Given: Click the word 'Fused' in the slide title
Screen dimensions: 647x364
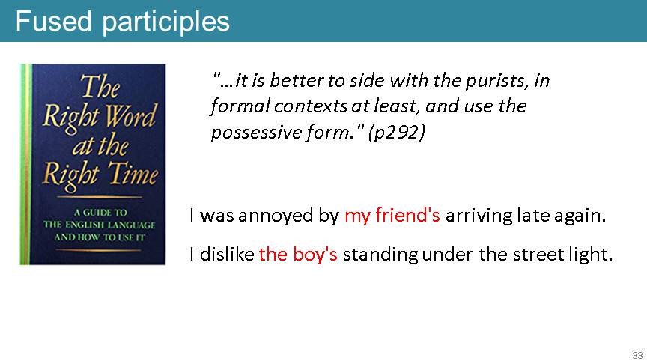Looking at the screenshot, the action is (x=53, y=21).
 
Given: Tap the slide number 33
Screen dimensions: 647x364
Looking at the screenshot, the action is (x=637, y=355).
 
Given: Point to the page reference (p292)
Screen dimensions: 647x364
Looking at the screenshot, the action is (x=397, y=133).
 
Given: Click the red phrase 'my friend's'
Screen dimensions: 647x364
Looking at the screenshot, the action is (x=392, y=216).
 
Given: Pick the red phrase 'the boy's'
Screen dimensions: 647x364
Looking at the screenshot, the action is (x=298, y=254).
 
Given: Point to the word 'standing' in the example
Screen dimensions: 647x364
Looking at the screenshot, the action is (x=380, y=254).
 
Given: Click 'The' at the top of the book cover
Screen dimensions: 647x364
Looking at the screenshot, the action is (x=100, y=87).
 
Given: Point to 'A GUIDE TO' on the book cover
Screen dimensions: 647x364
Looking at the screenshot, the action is (x=100, y=213).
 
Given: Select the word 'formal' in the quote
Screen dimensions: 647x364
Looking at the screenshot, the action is (x=240, y=106).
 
